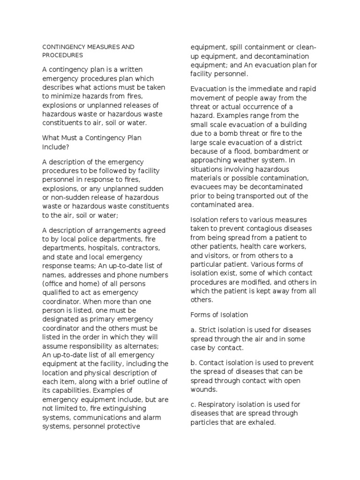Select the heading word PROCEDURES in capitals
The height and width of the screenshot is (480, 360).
62,55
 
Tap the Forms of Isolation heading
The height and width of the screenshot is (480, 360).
219,315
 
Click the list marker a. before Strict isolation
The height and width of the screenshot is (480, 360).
193,330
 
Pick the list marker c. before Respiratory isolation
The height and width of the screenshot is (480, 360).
193,405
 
